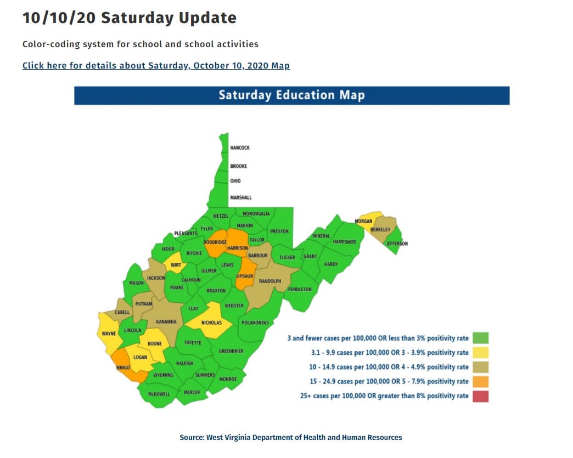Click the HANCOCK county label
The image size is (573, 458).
(x=240, y=148)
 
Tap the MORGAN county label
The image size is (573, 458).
(x=363, y=221)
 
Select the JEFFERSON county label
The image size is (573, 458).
(x=397, y=244)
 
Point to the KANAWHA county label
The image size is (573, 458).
(x=166, y=321)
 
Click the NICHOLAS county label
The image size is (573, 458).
(x=211, y=323)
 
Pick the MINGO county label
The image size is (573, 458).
(x=123, y=367)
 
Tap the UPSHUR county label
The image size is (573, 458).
(x=244, y=276)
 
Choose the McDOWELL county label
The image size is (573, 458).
(x=159, y=394)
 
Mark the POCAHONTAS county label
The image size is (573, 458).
(x=255, y=323)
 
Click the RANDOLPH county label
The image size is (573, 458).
(x=270, y=281)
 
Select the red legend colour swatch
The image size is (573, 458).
(x=480, y=395)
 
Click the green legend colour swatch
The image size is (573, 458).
(x=480, y=338)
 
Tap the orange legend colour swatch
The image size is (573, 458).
(x=480, y=381)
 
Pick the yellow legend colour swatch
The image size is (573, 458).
(x=480, y=352)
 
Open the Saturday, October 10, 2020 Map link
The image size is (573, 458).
(x=156, y=65)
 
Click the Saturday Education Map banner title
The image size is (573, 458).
(x=291, y=95)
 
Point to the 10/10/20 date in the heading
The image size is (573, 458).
(x=59, y=18)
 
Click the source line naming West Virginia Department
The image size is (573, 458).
(x=291, y=437)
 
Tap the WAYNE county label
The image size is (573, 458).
(x=109, y=333)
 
